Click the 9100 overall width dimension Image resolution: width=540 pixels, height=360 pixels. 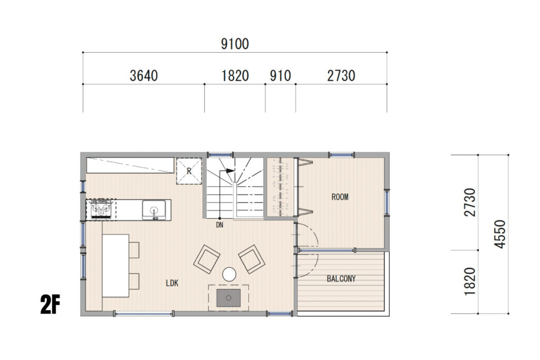(x=235, y=44)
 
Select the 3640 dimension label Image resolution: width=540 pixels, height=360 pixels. (x=143, y=76)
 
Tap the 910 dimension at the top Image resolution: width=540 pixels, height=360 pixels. (x=281, y=76)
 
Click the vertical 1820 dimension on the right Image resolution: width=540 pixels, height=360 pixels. (x=470, y=281)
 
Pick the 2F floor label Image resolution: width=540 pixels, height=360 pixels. (x=50, y=305)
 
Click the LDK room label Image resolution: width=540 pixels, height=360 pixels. (x=172, y=283)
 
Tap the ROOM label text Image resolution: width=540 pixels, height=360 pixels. (x=340, y=197)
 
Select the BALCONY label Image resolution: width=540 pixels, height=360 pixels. (x=341, y=279)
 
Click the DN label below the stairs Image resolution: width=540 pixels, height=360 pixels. (x=220, y=225)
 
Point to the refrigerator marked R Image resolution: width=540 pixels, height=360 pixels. (x=189, y=171)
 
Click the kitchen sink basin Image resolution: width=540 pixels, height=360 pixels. (x=154, y=210)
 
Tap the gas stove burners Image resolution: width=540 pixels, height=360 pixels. (x=101, y=209)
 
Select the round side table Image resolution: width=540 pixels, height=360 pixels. (x=229, y=275)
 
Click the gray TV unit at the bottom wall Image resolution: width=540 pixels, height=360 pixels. (x=228, y=298)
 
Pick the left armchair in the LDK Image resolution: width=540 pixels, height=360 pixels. (x=207, y=259)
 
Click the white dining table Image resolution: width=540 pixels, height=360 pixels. (x=115, y=266)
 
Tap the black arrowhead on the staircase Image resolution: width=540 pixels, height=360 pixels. (x=230, y=170)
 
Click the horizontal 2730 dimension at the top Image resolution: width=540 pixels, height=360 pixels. (x=341, y=76)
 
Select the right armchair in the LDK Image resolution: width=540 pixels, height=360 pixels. (x=252, y=259)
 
